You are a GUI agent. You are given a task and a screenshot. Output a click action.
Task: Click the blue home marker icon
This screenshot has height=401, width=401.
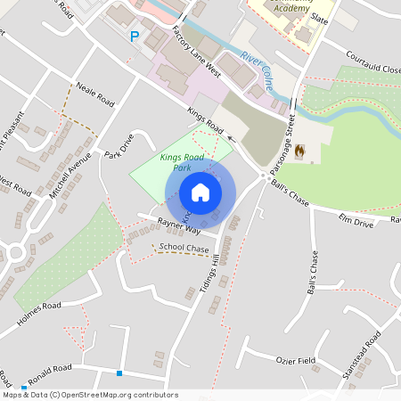[200, 192]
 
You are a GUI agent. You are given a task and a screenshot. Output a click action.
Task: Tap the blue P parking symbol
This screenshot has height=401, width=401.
[135, 37]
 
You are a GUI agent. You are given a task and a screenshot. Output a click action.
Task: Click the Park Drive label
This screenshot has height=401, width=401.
[118, 146]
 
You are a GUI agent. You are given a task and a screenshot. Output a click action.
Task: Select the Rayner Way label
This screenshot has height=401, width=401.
[176, 227]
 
